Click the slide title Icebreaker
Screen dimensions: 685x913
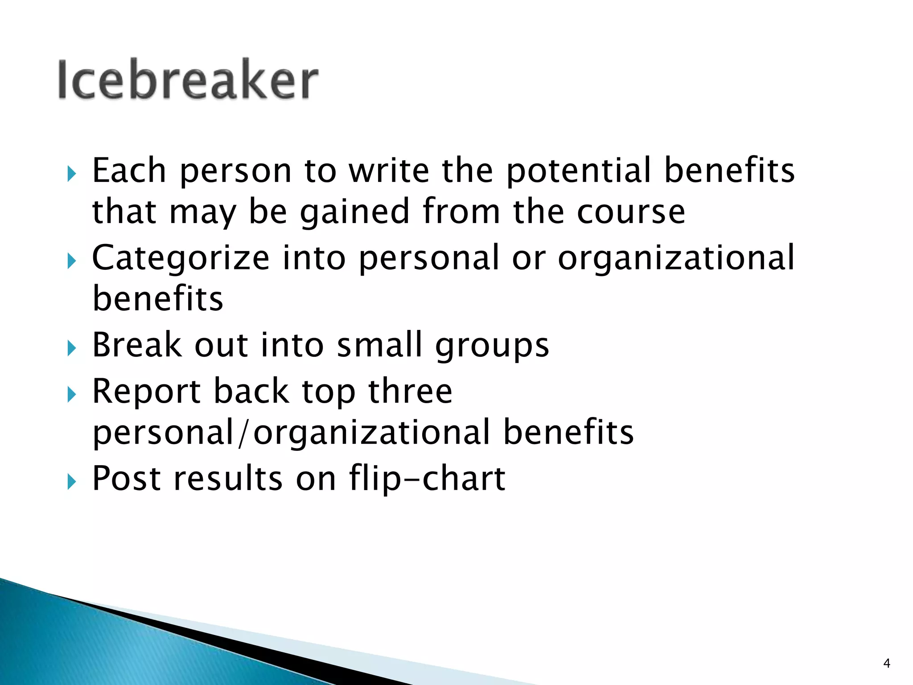click(x=188, y=79)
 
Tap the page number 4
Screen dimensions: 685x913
click(x=887, y=664)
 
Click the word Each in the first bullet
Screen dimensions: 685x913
click(x=129, y=170)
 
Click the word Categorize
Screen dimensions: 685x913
click(x=181, y=259)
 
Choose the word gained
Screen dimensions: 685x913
click(x=354, y=212)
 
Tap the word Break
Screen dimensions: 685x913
click(x=137, y=345)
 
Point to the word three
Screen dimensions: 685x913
click(x=410, y=391)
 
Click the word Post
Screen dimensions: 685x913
click(x=126, y=478)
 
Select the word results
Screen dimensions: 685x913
click(x=228, y=478)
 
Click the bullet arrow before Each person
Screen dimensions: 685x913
click(x=72, y=173)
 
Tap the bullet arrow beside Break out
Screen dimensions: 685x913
click(x=72, y=348)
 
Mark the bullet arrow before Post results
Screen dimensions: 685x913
click(x=72, y=482)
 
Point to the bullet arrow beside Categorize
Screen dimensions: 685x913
click(x=72, y=261)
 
